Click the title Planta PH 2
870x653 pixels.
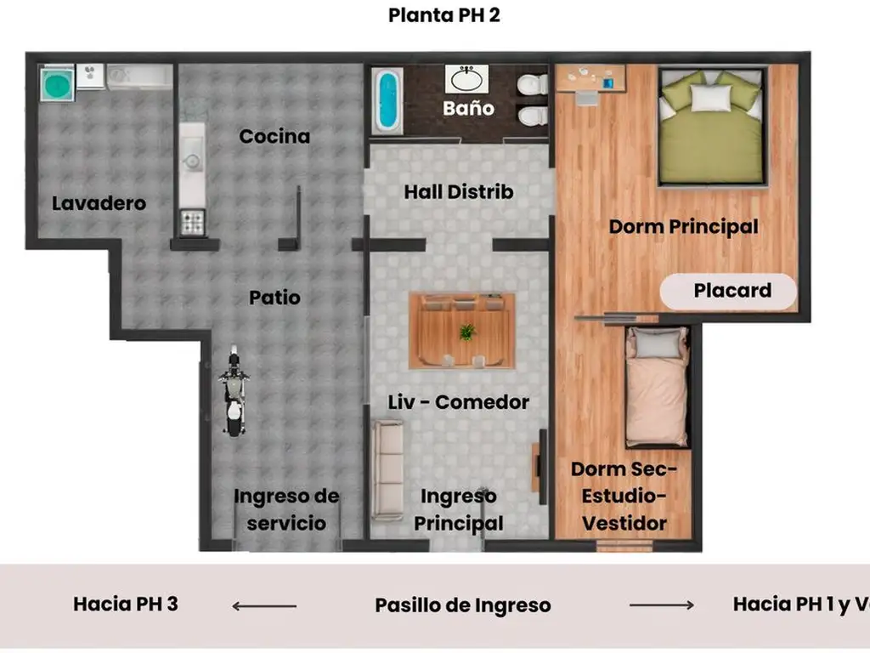[443, 15]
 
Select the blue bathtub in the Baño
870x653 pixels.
[387, 100]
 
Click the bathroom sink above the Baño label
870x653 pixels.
[466, 79]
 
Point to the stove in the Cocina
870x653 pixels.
[193, 223]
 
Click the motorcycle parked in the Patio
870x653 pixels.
[234, 390]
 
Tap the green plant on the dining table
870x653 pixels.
[467, 332]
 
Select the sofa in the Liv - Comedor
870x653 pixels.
[387, 471]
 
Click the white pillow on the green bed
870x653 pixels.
[710, 99]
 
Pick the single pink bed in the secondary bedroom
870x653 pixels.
[657, 387]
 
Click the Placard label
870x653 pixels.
[732, 291]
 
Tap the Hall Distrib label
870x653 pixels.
[458, 191]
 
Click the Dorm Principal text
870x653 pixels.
[683, 226]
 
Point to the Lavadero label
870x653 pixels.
[99, 203]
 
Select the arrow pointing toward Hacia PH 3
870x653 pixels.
[264, 605]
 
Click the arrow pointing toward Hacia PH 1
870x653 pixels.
[661, 605]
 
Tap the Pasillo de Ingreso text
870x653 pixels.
[463, 605]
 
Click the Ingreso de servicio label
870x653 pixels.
[286, 509]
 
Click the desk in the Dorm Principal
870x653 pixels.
[590, 79]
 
